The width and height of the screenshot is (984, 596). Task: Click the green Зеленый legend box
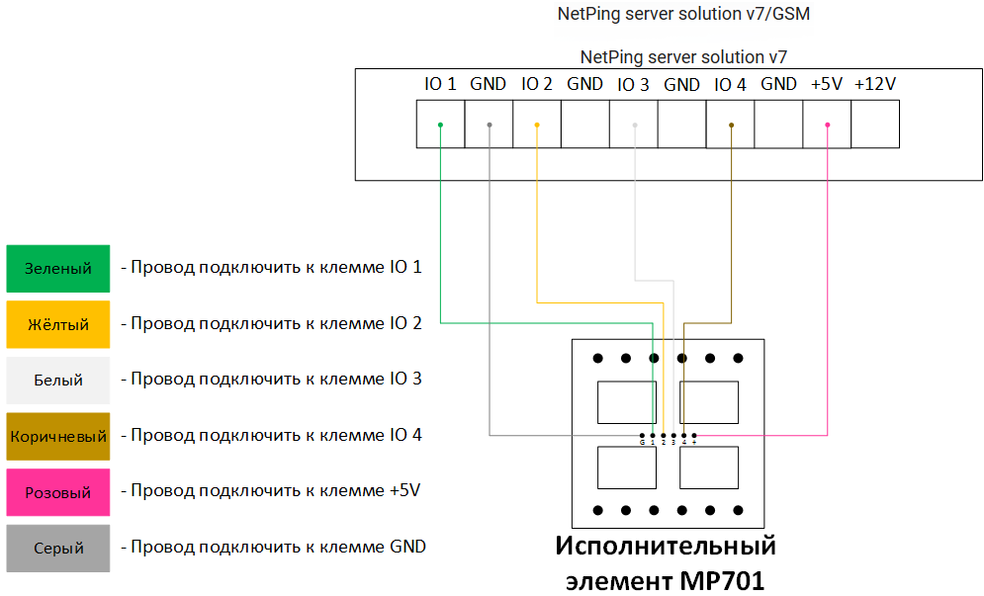click(57, 269)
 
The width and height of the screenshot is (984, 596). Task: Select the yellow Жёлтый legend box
click(57, 324)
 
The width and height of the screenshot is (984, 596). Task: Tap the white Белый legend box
click(57, 380)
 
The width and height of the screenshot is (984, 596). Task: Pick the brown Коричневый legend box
click(57, 436)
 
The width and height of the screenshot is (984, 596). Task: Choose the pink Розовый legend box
click(57, 492)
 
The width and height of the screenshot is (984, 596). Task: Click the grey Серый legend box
click(57, 548)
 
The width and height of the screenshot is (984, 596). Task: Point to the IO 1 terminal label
click(440, 85)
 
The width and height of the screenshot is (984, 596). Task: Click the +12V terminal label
click(875, 85)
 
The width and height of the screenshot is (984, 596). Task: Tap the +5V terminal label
click(827, 85)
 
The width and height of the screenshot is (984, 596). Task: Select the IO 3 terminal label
click(633, 85)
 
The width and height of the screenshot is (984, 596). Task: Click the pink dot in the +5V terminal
click(828, 126)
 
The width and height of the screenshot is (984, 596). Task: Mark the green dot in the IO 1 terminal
click(440, 126)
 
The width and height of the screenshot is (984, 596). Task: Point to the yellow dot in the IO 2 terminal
click(537, 126)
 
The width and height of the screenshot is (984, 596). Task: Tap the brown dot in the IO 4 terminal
click(731, 126)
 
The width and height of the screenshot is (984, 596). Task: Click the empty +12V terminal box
click(875, 126)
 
